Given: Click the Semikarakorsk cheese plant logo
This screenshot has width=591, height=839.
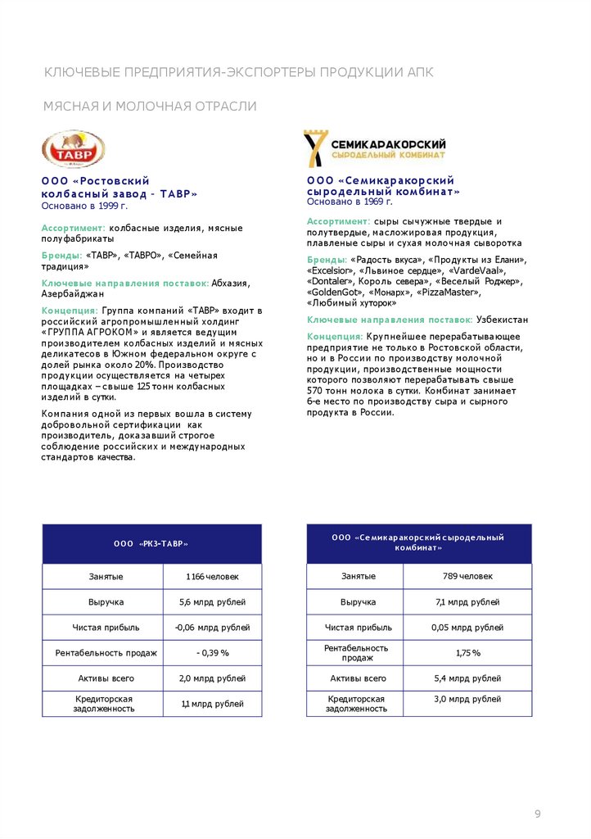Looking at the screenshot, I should point(375,147).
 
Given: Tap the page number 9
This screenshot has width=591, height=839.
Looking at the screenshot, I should point(538,814).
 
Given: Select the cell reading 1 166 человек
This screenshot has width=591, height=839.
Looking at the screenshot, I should point(212,577).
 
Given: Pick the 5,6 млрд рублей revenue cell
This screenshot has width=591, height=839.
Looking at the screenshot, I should point(212,602).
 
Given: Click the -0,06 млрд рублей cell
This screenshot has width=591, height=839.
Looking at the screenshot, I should point(212,628).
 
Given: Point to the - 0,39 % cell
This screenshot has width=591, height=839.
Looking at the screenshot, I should point(212,653).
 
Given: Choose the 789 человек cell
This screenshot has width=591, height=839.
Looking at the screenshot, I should point(467,576).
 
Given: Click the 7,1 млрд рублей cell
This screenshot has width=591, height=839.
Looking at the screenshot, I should point(467,602).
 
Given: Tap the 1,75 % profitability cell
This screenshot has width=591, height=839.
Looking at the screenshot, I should point(467,653).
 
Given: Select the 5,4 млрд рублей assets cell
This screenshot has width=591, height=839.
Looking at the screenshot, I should point(467,678).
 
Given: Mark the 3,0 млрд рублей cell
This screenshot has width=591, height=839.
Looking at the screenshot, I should point(467,699).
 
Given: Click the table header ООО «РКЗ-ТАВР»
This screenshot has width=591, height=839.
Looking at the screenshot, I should point(151,543).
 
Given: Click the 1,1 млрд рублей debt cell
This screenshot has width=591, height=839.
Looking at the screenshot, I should point(212,704).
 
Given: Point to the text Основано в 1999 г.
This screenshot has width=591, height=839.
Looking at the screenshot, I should point(84,205).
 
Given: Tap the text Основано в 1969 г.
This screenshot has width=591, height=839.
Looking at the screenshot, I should point(350,201).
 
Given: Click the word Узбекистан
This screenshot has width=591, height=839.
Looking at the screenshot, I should point(502,320).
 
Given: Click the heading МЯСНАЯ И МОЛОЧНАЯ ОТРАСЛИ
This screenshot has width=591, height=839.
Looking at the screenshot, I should point(150,107).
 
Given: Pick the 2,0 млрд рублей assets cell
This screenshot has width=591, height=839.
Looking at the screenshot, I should point(212,678).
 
